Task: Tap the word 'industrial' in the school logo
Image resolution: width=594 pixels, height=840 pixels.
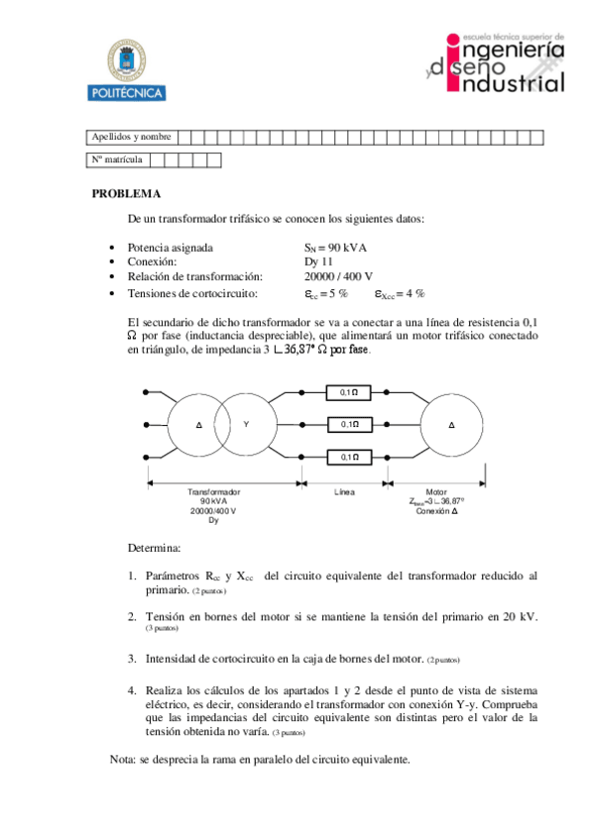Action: click(x=507, y=85)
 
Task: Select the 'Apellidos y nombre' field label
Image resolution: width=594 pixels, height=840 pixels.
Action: click(x=130, y=137)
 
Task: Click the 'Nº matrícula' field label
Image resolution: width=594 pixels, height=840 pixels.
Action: click(x=116, y=159)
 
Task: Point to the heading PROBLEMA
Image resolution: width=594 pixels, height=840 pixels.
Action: click(x=126, y=194)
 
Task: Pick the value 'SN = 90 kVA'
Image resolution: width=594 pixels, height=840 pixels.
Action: click(x=336, y=247)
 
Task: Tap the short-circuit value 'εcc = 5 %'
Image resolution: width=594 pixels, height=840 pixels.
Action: click(x=325, y=293)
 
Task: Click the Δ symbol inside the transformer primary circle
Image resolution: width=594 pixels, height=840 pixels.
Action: click(x=199, y=424)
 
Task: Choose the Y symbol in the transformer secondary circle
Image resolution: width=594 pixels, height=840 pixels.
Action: click(x=245, y=424)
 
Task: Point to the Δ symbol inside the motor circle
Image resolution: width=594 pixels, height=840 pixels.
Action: click(x=452, y=424)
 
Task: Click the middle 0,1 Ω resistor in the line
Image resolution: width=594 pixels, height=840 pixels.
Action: click(x=349, y=424)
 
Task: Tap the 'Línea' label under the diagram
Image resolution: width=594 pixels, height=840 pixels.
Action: click(x=346, y=491)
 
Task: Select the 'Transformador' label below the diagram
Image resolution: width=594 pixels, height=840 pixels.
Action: click(x=214, y=491)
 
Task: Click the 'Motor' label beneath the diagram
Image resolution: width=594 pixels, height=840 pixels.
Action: click(x=436, y=491)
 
